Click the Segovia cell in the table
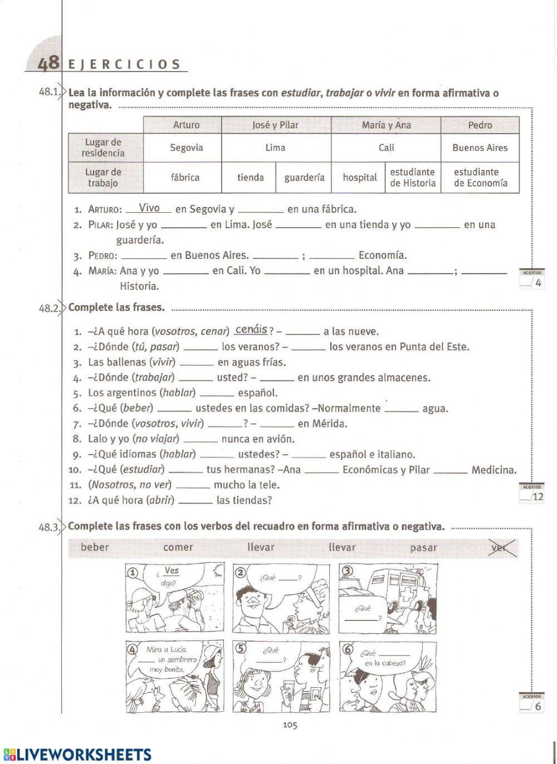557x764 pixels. [186, 148]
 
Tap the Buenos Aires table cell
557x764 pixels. [480, 148]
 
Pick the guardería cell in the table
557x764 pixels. [304, 178]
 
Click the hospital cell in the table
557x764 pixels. [359, 178]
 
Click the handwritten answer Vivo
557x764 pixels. [149, 208]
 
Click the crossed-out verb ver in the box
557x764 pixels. [501, 547]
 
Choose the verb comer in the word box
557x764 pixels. [178, 547]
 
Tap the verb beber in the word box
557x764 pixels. [95, 547]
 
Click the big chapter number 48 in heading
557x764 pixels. [48, 63]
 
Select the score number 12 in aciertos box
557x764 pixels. [538, 496]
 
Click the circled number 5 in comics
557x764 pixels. [240, 648]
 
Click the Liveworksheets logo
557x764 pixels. [77, 754]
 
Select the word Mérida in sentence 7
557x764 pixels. [330, 423]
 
